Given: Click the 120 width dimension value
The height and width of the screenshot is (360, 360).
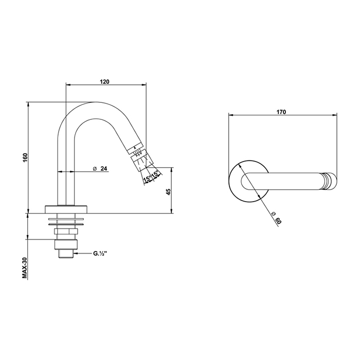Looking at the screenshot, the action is point(104,81).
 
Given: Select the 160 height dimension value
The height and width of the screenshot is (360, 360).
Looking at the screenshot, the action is point(25,157).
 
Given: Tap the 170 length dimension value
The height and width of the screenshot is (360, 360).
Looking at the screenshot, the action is point(281,112).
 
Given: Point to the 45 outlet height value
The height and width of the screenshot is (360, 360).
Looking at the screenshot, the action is point(169,192).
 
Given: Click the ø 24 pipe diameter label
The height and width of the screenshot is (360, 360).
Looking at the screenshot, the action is point(100,169).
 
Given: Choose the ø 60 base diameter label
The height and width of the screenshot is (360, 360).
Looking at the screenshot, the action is point(276,218).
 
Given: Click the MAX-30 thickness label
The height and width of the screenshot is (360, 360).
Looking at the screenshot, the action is point(25,268).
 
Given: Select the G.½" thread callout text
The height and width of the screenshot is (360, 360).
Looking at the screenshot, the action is point(100,254).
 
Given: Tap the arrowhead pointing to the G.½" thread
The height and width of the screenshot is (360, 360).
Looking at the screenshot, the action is point(75,254).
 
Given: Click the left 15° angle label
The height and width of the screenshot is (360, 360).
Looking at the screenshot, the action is point(147,178).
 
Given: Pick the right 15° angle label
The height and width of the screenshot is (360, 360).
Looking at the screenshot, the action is point(155,174).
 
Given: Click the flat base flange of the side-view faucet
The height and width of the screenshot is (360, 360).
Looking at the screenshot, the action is point(66,209).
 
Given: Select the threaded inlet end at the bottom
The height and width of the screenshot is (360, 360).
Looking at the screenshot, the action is point(66,254).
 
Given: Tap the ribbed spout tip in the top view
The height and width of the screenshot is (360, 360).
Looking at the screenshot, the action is point(330,182).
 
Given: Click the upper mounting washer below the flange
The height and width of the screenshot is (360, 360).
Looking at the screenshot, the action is point(66,219).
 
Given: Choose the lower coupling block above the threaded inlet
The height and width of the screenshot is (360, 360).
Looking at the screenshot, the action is point(66,244).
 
